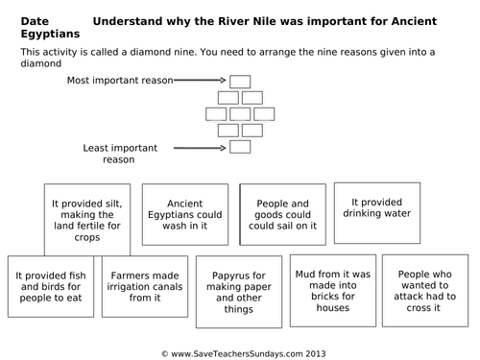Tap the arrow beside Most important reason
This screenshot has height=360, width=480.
[203, 82]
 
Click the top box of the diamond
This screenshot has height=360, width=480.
[240, 82]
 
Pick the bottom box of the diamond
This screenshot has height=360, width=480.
[240, 146]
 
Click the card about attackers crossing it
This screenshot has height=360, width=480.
[423, 285]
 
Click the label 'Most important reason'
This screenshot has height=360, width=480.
[119, 82]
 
